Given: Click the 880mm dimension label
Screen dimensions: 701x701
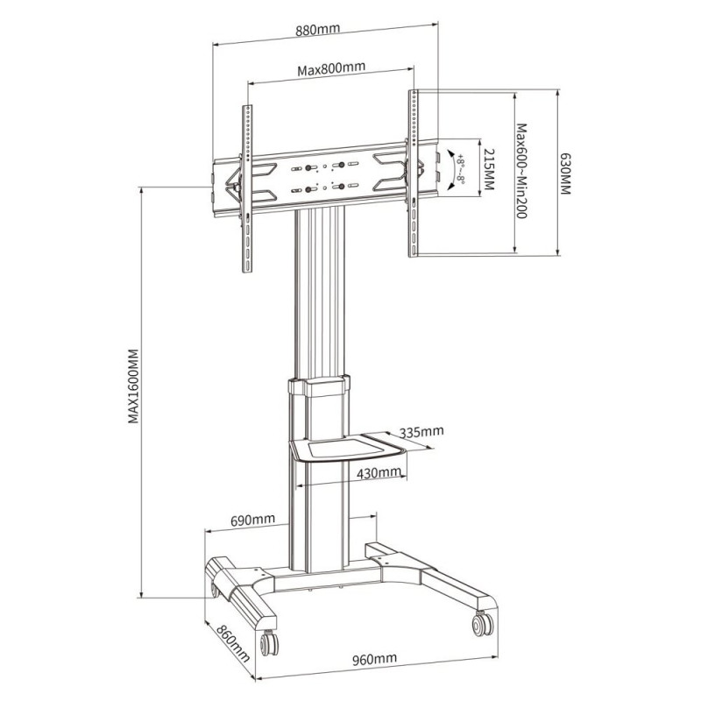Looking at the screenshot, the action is (x=317, y=30).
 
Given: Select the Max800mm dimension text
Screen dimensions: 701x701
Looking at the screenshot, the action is (x=331, y=68).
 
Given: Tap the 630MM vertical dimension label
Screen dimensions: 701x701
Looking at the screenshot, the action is (x=565, y=173).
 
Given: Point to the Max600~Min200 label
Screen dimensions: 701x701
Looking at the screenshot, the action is (x=521, y=171).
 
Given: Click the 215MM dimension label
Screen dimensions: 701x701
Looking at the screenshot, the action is (x=489, y=170).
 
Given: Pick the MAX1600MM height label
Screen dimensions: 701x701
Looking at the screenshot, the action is (x=134, y=386).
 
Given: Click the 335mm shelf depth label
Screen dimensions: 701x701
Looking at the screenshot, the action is (x=421, y=432).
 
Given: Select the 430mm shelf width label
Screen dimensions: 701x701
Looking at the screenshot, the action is (x=379, y=472).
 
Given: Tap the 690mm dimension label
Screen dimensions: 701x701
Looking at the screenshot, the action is (x=252, y=520).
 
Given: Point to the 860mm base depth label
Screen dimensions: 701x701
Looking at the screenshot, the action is (x=233, y=643).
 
